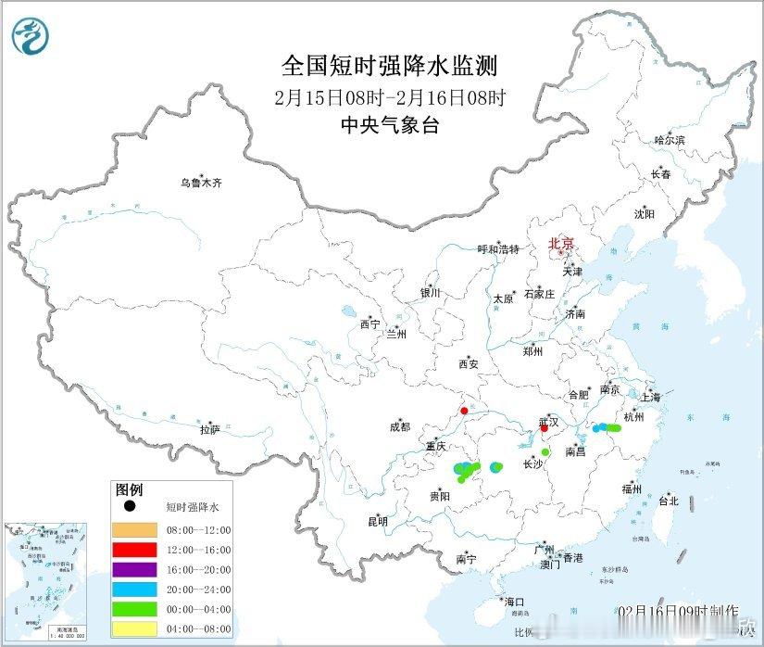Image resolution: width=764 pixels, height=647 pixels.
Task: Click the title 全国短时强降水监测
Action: point(390,66)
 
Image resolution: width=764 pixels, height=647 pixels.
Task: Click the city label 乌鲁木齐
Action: point(201,184)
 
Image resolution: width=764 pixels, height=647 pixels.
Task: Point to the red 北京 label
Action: point(561,245)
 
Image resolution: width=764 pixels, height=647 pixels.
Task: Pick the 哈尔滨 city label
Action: point(669,140)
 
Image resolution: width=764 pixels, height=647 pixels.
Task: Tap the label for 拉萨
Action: point(209,429)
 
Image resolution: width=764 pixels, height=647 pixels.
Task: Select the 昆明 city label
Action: point(378,521)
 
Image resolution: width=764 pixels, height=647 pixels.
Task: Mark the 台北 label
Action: point(668,501)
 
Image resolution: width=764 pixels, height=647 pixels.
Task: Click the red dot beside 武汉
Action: point(545,428)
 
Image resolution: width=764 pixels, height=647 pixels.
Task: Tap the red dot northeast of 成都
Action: point(464,411)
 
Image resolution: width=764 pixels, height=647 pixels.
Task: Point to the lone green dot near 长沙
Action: point(545,452)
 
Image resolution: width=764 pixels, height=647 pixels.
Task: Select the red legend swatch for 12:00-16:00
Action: point(134,551)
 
